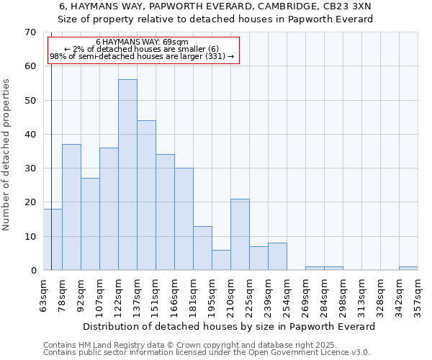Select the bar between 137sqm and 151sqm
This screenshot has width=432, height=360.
click(146, 195)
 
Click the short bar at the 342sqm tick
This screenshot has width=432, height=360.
click(408, 268)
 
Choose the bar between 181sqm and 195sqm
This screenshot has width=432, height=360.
click(202, 248)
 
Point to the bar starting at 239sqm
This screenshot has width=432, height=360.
click(277, 256)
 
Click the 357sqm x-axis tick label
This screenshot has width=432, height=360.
click(418, 296)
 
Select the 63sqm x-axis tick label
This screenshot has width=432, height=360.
click(44, 294)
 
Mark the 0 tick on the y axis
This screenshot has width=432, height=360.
click(32, 271)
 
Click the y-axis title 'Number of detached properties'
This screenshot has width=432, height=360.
click(6, 155)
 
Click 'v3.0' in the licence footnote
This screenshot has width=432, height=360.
click(360, 352)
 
